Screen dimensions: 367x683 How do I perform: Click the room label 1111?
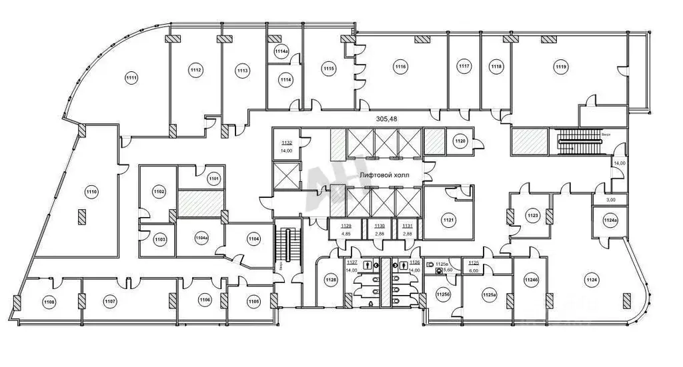coord(131,79)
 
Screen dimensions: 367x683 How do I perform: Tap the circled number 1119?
coord(560,65)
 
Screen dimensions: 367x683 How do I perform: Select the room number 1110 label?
coord(91,192)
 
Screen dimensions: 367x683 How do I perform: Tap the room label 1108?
coord(49,302)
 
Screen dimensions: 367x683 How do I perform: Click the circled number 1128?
coord(330,280)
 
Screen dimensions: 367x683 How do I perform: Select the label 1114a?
coord(281,51)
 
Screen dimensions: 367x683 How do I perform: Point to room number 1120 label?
coord(460,141)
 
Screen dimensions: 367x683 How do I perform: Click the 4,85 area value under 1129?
coord(346,234)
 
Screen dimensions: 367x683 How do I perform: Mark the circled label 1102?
coord(159,192)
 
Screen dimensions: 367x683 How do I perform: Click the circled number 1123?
coord(532,215)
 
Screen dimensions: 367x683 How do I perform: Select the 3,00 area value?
coord(610,199)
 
